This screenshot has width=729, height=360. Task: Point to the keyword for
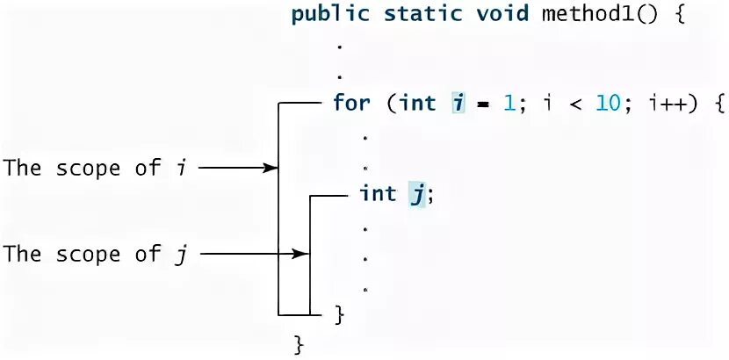click(x=351, y=103)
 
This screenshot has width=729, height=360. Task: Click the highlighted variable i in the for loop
click(x=458, y=103)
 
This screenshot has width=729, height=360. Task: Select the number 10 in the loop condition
click(x=608, y=103)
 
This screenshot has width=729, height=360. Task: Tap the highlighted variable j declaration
click(x=415, y=194)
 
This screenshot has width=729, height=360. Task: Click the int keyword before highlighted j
click(x=379, y=194)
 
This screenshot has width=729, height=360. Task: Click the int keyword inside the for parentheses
click(x=418, y=103)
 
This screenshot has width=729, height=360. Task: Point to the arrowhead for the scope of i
click(x=271, y=168)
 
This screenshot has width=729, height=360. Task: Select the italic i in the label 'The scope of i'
click(x=181, y=167)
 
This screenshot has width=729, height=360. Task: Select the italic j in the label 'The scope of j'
click(x=181, y=255)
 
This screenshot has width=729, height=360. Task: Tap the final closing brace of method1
click(x=298, y=343)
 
